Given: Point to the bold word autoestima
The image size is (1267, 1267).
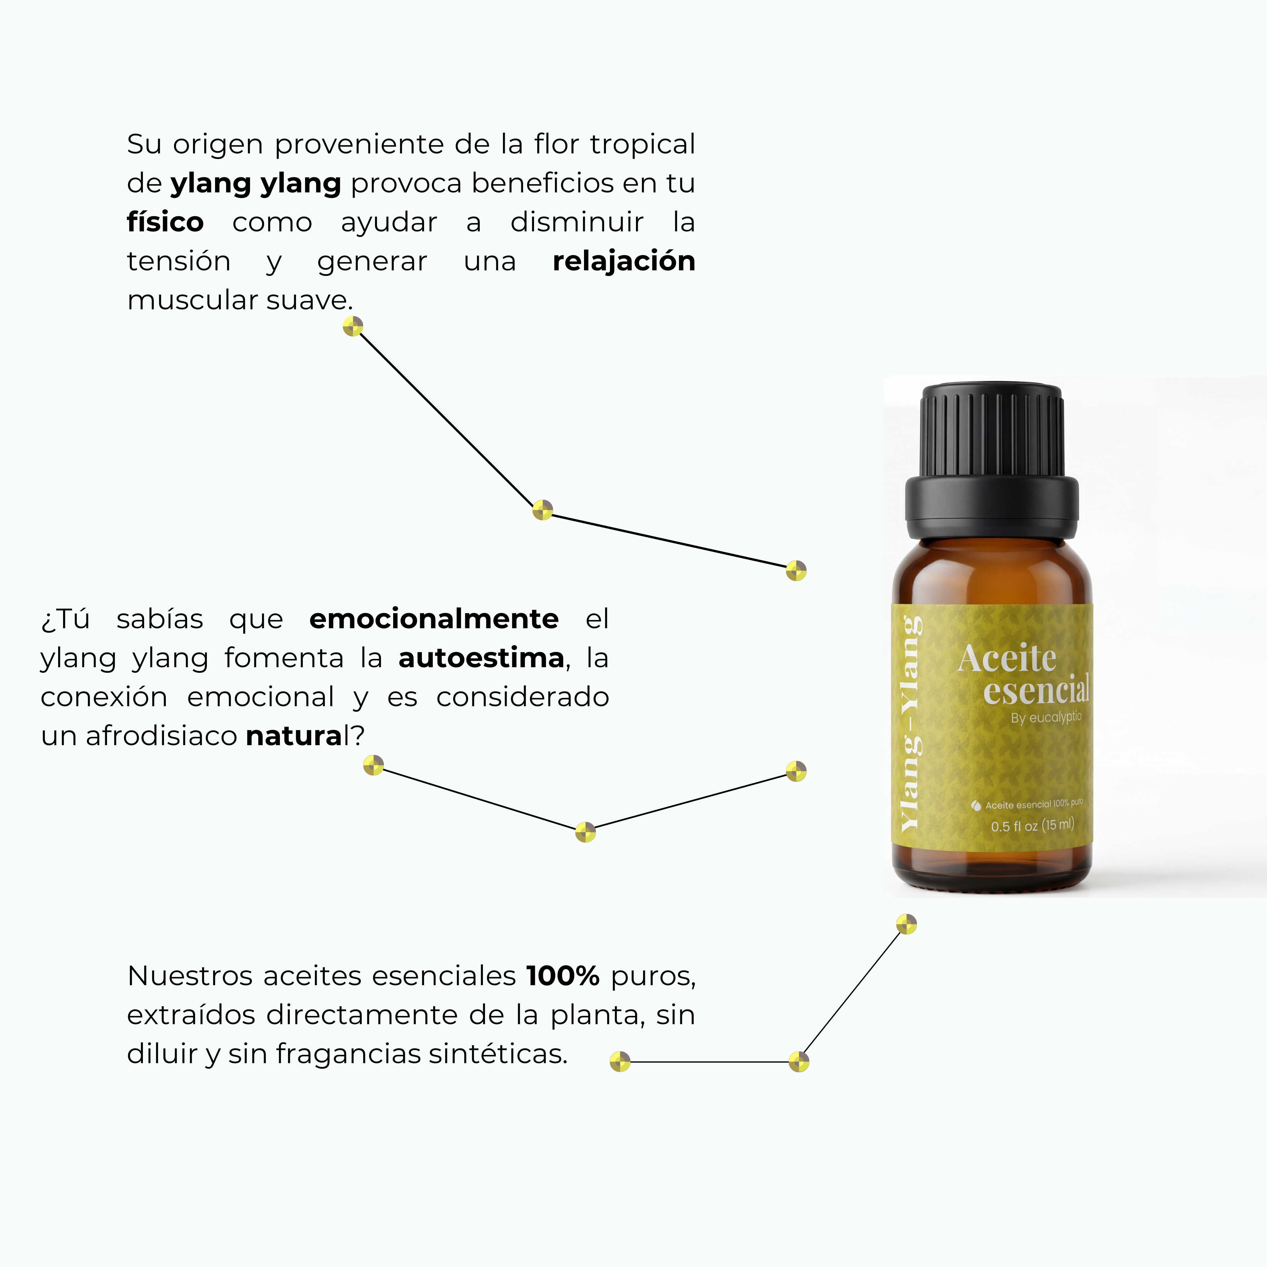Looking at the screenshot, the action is click(481, 658).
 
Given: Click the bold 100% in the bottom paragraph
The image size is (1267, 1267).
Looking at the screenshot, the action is click(563, 976).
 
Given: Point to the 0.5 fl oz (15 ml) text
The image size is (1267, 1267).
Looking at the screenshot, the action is click(1032, 825).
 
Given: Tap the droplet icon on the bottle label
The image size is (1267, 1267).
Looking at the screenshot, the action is click(976, 805).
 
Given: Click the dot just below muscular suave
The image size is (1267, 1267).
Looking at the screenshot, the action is click(353, 327).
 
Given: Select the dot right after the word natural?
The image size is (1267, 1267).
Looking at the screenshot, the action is click(373, 765).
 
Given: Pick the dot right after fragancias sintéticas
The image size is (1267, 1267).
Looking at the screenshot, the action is click(620, 1061).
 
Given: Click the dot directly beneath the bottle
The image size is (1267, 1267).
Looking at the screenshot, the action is click(906, 924).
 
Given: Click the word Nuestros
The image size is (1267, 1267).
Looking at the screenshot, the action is click(190, 976).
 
